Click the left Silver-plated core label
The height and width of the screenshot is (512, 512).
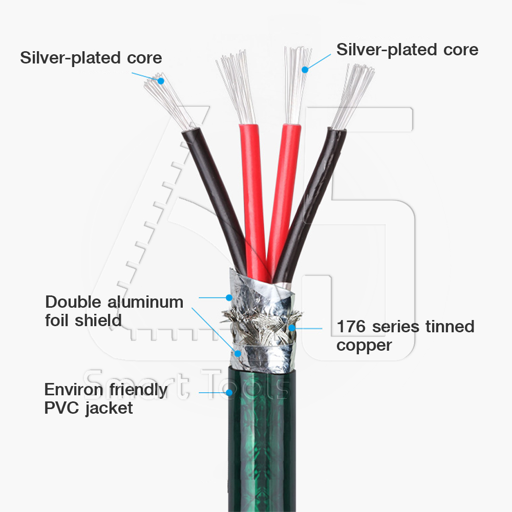click(x=91, y=57)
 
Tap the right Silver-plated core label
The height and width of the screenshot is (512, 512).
click(x=407, y=50)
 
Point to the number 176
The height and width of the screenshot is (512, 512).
click(x=351, y=326)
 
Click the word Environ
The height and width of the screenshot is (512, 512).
click(x=73, y=390)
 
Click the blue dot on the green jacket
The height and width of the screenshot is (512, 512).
click(x=229, y=393)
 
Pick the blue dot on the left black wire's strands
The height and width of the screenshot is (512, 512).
click(x=160, y=80)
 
